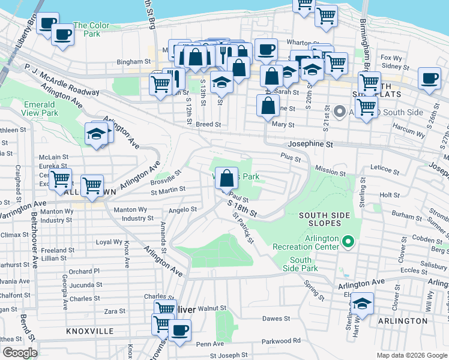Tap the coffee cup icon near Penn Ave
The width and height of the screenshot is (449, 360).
pos(178,330)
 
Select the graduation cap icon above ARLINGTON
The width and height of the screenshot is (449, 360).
pos(362,304)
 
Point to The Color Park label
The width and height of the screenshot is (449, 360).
pos(91,29)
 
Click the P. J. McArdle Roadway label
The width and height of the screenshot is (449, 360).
pos(62,79)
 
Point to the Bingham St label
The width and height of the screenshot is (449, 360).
pos(133,61)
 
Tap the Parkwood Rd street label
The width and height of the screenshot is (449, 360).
pos(281,341)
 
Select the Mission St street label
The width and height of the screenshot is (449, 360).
pos(330,172)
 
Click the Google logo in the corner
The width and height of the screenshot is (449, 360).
pos(19,353)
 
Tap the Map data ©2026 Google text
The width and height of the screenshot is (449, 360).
pos(411,355)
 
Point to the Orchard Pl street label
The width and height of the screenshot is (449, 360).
pos(84,271)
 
